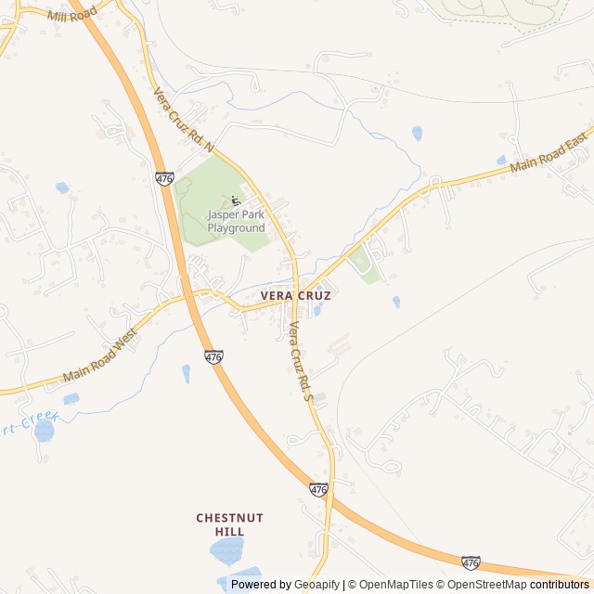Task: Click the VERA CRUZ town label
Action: (x=295, y=295)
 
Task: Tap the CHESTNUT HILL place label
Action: (x=229, y=524)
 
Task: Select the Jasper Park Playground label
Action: (x=236, y=221)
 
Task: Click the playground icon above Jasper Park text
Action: (x=236, y=200)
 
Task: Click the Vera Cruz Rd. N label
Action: (x=183, y=120)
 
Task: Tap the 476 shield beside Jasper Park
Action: (x=164, y=177)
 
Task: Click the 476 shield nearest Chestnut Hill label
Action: (x=318, y=489)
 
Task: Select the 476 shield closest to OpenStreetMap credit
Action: (x=471, y=562)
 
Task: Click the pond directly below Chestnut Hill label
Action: (x=226, y=551)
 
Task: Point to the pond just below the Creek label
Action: (x=44, y=433)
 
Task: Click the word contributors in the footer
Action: (x=560, y=585)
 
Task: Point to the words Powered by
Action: (x=261, y=585)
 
